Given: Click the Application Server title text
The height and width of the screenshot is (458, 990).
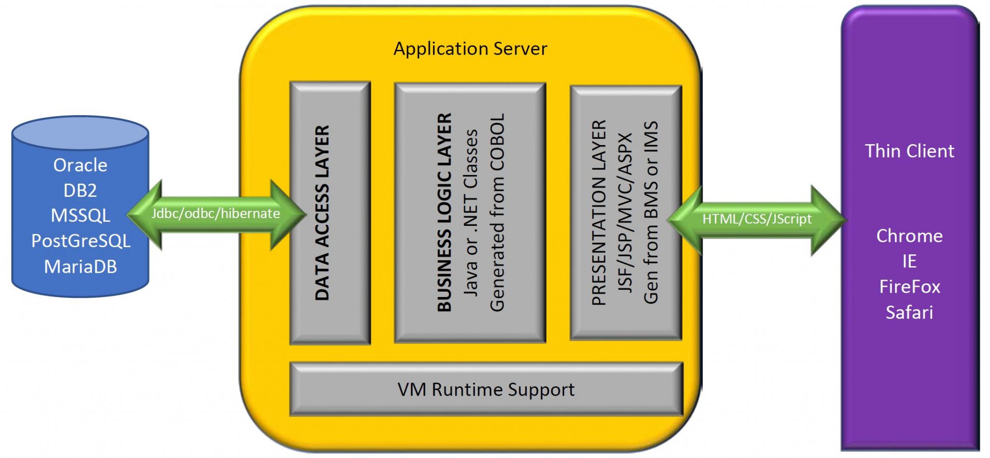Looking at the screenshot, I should (470, 49).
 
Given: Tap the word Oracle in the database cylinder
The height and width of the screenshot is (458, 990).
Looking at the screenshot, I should (80, 165).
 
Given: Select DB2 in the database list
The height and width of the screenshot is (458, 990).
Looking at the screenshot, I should (80, 191).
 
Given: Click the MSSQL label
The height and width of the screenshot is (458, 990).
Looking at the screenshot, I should (80, 216).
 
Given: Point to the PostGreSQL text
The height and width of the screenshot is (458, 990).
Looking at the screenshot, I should (81, 241).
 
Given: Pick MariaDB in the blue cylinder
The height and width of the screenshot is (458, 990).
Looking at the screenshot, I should (80, 266).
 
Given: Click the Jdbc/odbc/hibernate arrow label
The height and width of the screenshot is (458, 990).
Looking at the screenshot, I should (216, 214).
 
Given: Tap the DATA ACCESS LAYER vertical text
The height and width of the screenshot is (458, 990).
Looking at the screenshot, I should (322, 213).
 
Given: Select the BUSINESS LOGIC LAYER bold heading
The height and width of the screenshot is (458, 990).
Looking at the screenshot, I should (444, 213).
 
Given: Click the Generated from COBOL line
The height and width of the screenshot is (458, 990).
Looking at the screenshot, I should (497, 213).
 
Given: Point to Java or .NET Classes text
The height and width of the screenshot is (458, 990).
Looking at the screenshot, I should (471, 213).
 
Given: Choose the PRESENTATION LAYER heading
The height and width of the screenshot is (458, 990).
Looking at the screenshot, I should (599, 213).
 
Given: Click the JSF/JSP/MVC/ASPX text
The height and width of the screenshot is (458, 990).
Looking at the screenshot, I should (626, 213).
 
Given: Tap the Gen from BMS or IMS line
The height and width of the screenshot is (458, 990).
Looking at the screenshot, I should (651, 213).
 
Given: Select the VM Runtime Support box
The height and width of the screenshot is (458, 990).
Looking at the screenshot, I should (486, 389).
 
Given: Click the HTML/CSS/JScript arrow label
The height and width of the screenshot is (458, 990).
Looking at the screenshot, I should (757, 219).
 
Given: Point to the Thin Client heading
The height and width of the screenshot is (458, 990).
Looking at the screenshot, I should (909, 151).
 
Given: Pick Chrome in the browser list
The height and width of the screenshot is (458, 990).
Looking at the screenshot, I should (909, 236).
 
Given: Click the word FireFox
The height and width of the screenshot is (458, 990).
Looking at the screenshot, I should (909, 287).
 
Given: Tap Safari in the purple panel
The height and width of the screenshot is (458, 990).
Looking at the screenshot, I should (909, 312).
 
